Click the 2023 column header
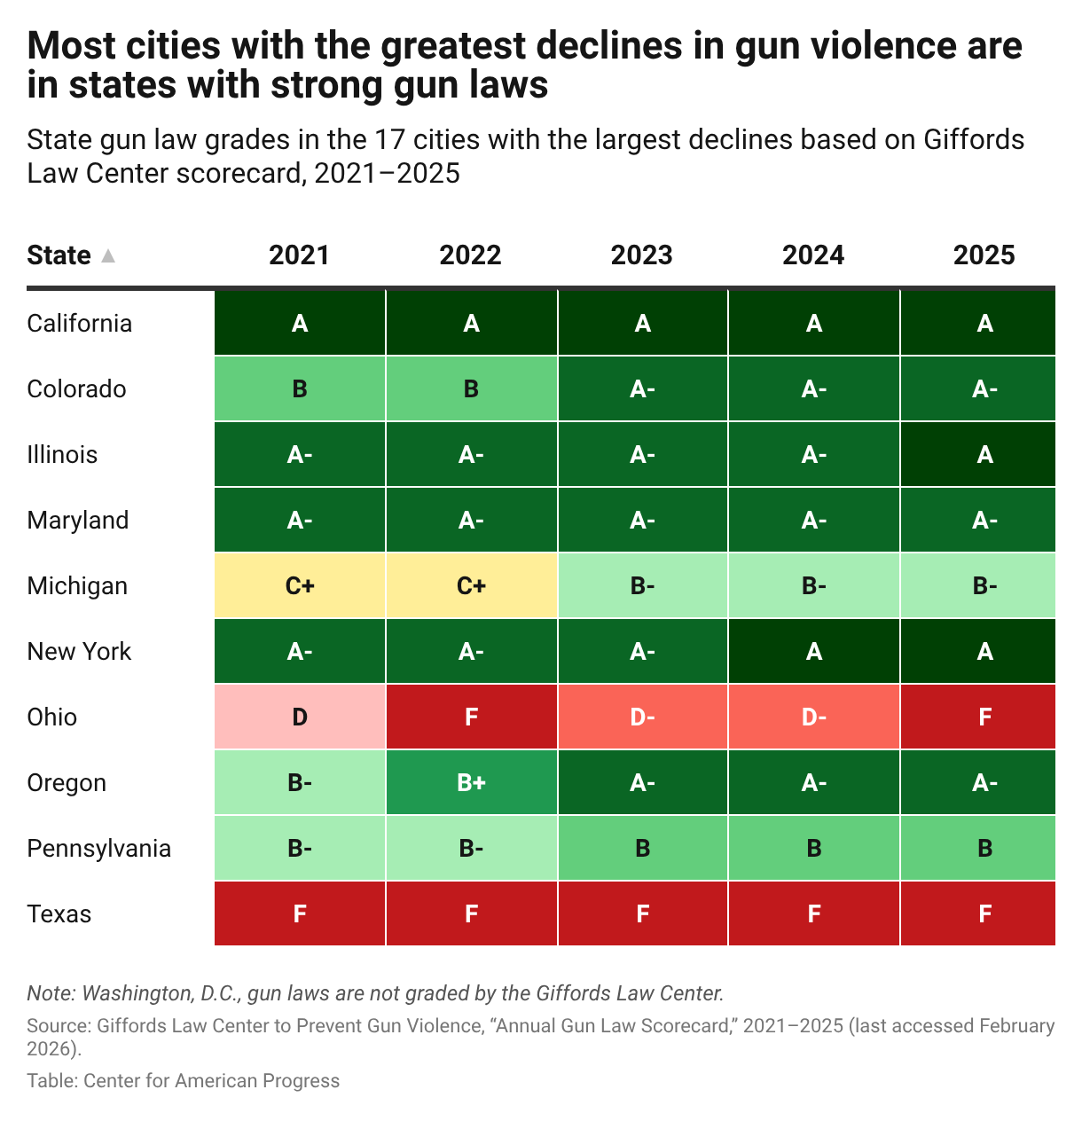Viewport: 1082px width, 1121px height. pos(641,255)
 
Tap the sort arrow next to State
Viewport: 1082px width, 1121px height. pos(107,255)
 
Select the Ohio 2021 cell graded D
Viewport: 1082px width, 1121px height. pos(300,717)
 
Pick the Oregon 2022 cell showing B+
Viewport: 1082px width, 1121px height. pos(471,782)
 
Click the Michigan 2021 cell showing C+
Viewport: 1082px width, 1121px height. pos(300,585)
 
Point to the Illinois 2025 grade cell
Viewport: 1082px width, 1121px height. pos(977,454)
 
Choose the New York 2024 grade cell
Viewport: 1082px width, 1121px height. pos(813,651)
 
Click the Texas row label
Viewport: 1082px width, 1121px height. pos(59,913)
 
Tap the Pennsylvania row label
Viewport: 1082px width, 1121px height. pos(99,849)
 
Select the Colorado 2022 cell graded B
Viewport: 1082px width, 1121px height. pos(471,388)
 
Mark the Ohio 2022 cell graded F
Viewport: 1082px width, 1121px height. pos(471,717)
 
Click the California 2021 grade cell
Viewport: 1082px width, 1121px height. pos(300,323)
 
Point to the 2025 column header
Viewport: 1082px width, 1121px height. pos(984,255)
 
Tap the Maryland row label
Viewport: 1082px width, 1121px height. pos(78,521)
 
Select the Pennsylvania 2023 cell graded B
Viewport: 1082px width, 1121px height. pos(642,848)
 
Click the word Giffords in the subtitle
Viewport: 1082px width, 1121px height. pos(974,139)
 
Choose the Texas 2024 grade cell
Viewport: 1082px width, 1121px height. pos(813,913)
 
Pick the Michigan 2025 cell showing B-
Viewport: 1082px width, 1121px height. pos(977,585)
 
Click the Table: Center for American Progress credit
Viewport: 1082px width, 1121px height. pos(184,1081)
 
